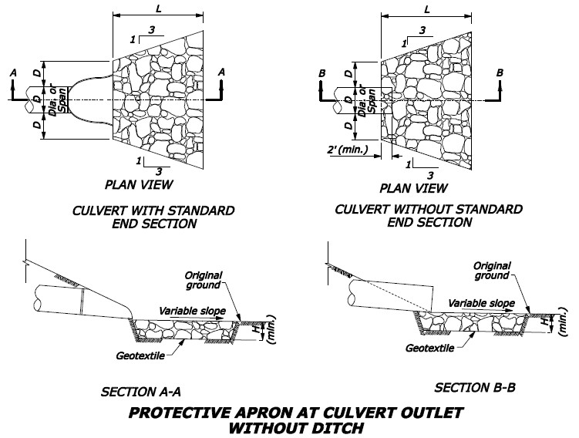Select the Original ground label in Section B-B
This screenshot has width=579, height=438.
coord(490,270)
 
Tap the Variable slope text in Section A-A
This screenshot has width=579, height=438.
coord(192,310)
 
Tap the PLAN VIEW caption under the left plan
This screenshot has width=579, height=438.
coord(139,185)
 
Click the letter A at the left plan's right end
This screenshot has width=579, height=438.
coord(221,71)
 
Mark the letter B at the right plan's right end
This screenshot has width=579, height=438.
coord(500,72)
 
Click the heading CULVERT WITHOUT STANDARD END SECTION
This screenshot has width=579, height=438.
coord(429,216)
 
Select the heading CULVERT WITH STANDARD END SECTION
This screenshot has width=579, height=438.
coord(153,217)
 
